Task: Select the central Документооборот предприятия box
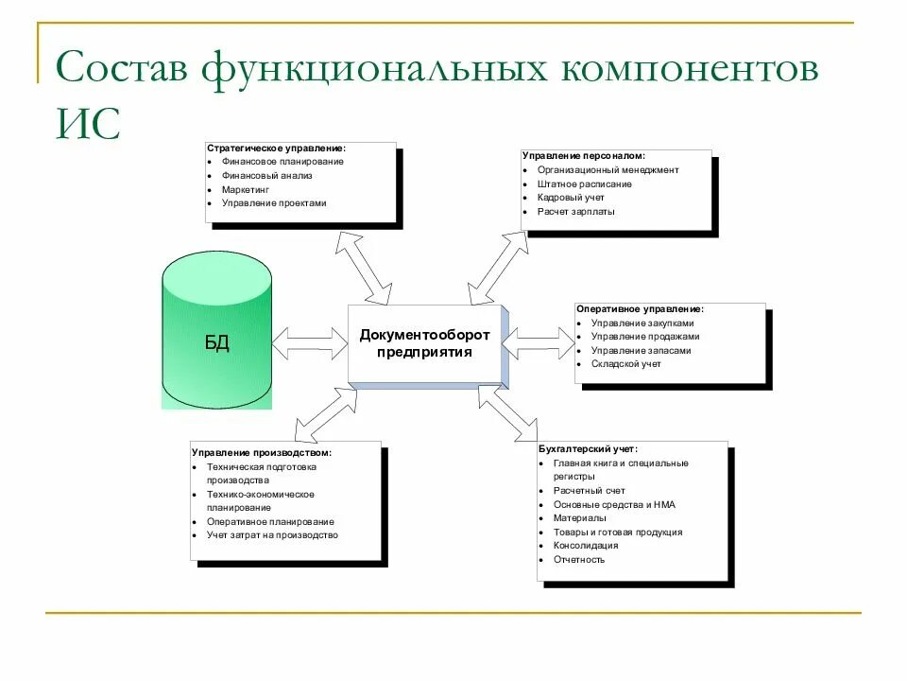pyautogui.click(x=424, y=343)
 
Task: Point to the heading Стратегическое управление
pyautogui.click(x=276, y=148)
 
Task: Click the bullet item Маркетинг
pyautogui.click(x=245, y=189)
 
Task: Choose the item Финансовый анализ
pyautogui.click(x=266, y=175)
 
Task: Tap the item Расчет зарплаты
pyautogui.click(x=576, y=212)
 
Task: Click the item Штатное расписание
pyautogui.click(x=585, y=183)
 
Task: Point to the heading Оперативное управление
pyautogui.click(x=640, y=308)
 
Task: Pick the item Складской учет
pyautogui.click(x=626, y=364)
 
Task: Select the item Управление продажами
pyautogui.click(x=645, y=336)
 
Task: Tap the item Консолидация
pyautogui.click(x=586, y=545)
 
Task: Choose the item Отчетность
pyautogui.click(x=579, y=559)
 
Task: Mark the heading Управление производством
pyautogui.click(x=261, y=452)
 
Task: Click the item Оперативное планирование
pyautogui.click(x=270, y=521)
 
